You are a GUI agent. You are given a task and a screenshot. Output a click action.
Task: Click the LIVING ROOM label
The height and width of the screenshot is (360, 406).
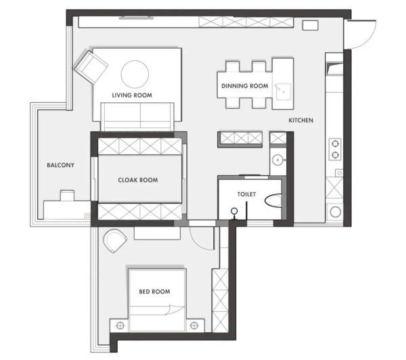point(132,95)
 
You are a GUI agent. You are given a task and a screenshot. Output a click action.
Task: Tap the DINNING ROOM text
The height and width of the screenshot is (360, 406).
point(245,86)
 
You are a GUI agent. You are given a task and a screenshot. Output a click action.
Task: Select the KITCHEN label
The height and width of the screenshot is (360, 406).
point(301,120)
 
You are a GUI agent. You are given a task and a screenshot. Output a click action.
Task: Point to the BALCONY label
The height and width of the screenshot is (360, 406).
point(61,165)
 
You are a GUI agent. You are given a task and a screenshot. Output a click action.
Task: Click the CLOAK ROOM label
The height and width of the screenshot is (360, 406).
point(138,180)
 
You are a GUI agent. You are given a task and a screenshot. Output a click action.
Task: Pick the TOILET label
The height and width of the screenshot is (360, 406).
point(246,194)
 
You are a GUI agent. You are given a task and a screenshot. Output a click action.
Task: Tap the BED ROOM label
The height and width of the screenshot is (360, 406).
point(154,292)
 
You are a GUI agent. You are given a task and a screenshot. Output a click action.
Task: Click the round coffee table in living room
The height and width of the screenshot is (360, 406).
point(135,74)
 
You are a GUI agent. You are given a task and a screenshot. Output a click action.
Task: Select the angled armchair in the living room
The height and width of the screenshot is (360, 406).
point(91,67)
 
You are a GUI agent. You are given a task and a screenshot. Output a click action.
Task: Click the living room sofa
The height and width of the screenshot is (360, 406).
point(137,117)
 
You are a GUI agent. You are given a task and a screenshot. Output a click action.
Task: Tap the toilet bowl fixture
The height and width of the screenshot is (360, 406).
point(273,200)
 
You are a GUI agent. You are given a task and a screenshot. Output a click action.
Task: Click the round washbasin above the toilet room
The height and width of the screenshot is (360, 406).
point(278,160)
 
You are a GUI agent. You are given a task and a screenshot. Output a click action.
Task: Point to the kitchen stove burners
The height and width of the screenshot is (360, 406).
point(335,149)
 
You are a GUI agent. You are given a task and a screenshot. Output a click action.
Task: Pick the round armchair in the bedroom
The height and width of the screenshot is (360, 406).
point(115,241)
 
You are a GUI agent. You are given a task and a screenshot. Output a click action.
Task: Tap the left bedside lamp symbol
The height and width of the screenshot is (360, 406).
point(120,325)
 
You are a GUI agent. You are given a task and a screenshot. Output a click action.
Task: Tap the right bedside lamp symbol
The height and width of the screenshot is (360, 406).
point(194,325)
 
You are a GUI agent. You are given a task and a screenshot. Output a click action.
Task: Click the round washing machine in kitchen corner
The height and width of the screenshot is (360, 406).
point(336,212)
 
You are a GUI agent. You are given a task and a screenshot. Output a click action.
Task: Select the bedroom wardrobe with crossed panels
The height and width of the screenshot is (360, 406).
point(220,300)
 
